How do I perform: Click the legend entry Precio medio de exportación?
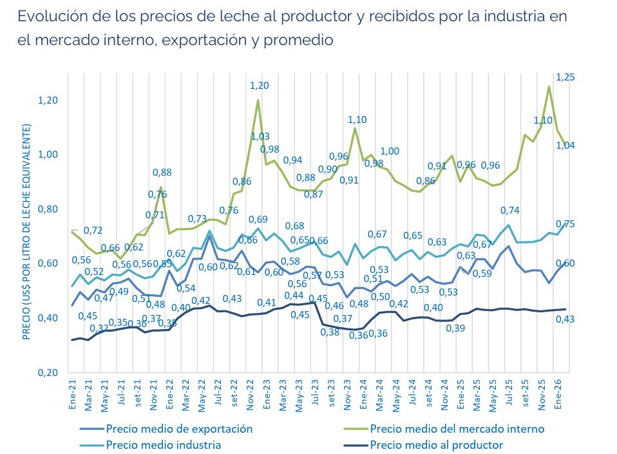[x=179, y=429]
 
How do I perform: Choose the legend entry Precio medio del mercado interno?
[x=457, y=429]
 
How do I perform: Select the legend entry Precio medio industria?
[x=164, y=445]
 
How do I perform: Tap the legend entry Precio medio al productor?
[x=437, y=445]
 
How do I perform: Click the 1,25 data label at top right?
[x=565, y=77]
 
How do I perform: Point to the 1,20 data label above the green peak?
[x=260, y=85]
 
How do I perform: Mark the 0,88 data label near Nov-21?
[x=162, y=172]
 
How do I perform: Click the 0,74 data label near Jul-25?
[x=510, y=210]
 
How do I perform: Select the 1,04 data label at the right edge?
[x=565, y=146]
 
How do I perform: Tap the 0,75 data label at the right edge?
[x=565, y=223]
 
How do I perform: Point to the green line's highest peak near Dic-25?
[x=549, y=86]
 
